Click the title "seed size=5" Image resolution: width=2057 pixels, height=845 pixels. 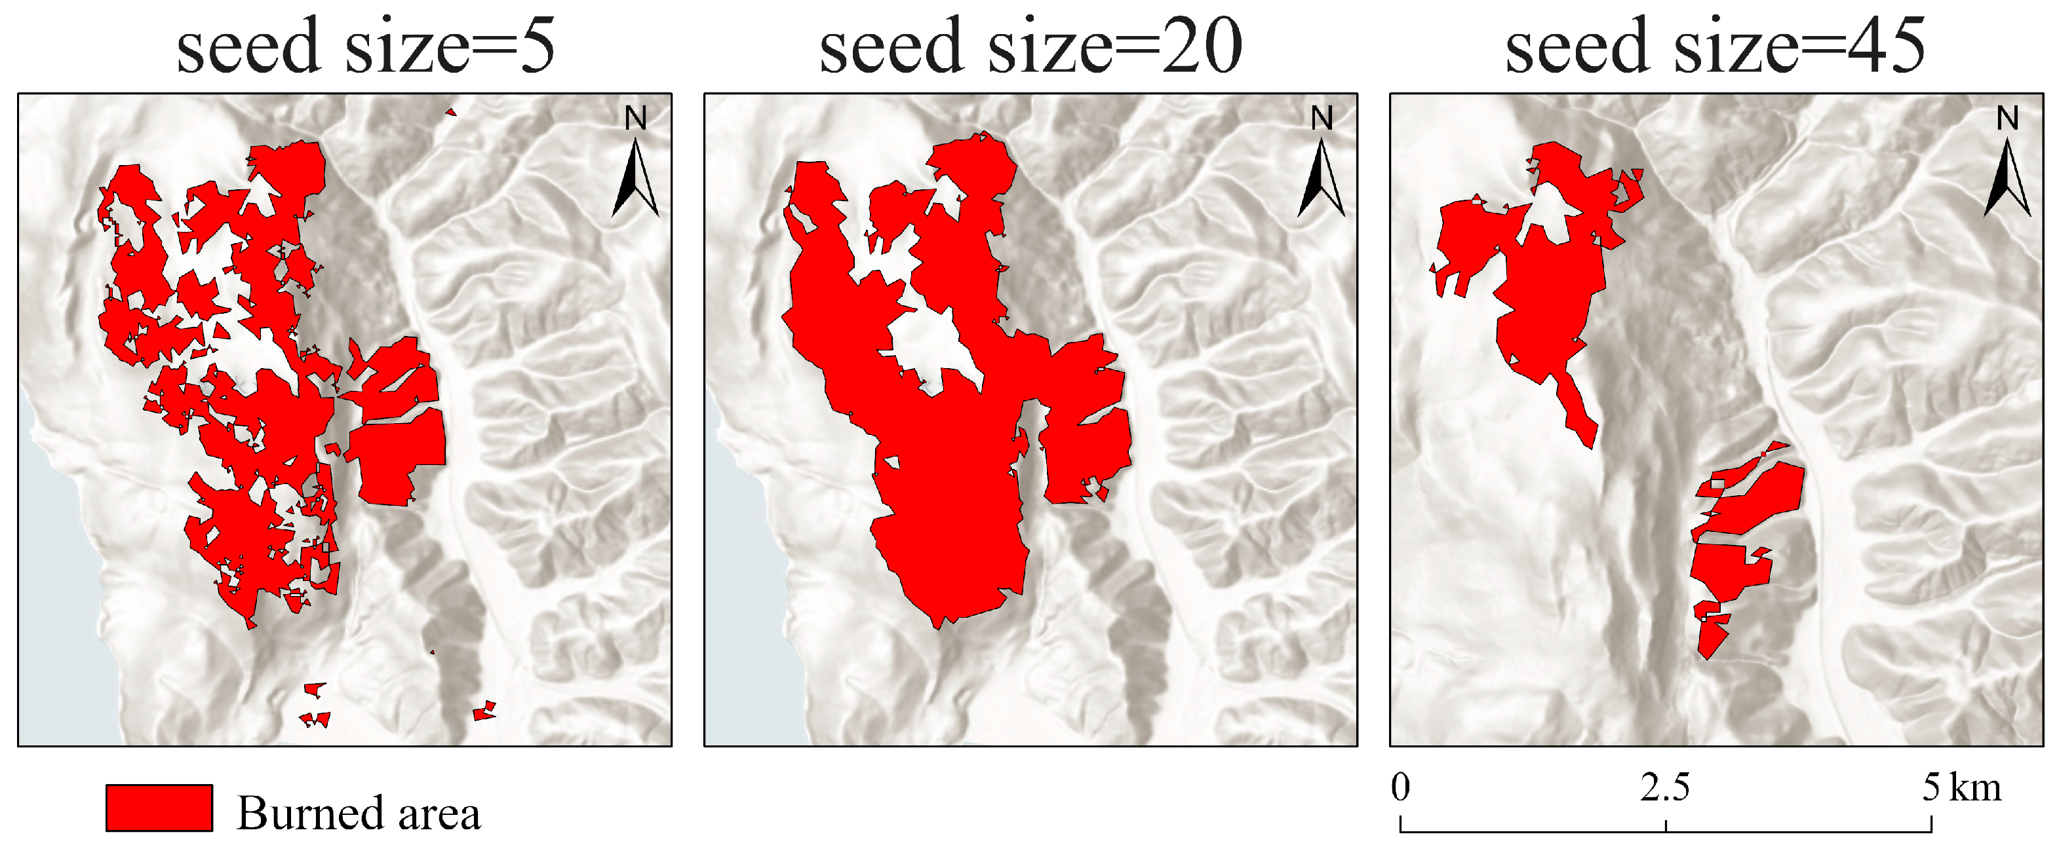point(365,47)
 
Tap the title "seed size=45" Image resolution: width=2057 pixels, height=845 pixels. point(1715,47)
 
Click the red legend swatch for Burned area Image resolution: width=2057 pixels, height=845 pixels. point(159,808)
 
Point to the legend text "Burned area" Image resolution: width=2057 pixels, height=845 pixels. point(359,814)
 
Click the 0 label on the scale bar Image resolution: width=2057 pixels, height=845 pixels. point(1401,787)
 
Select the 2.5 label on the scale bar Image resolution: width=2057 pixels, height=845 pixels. point(1665,787)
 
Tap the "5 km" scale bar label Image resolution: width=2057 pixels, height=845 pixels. point(1961,787)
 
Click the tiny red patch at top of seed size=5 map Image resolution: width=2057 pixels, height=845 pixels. point(451,113)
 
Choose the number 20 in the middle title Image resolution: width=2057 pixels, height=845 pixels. point(1202,47)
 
